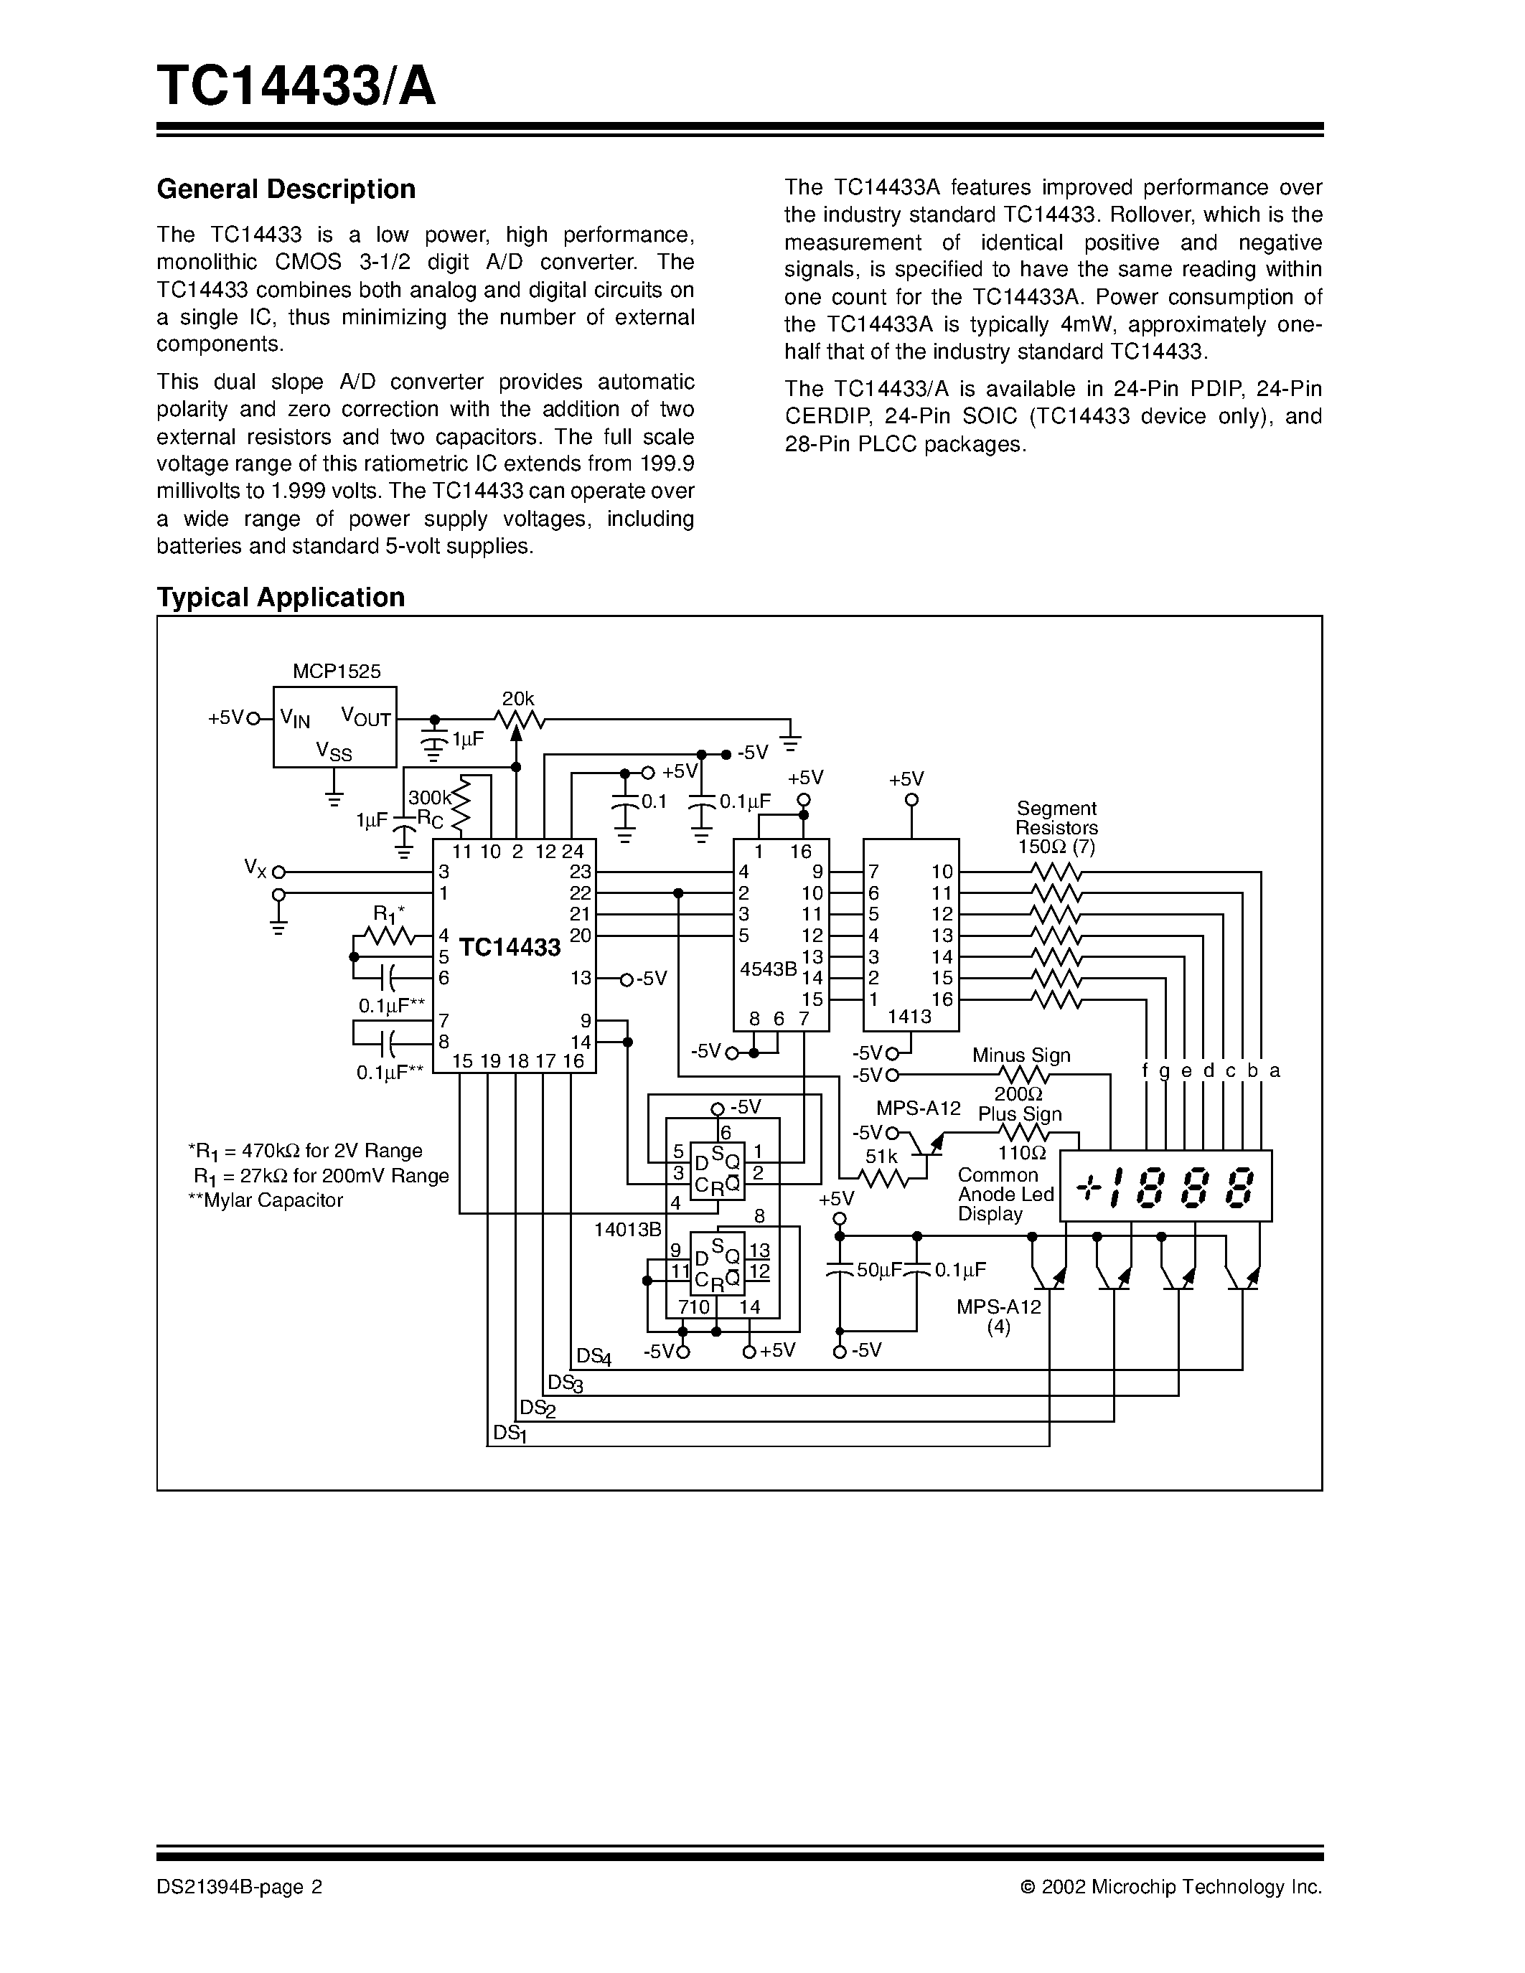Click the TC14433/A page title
(296, 87)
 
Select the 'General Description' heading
(286, 189)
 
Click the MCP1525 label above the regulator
(336, 672)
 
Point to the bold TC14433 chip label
(510, 948)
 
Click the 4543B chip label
(768, 969)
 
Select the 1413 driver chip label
(909, 1017)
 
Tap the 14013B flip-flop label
(627, 1230)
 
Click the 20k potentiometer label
(517, 698)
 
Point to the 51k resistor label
(881, 1157)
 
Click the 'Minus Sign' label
(1021, 1055)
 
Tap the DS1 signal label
(510, 1433)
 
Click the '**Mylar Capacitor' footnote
(265, 1200)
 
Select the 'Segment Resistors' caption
(1056, 818)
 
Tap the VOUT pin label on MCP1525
(365, 717)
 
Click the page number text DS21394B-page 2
(240, 1886)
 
